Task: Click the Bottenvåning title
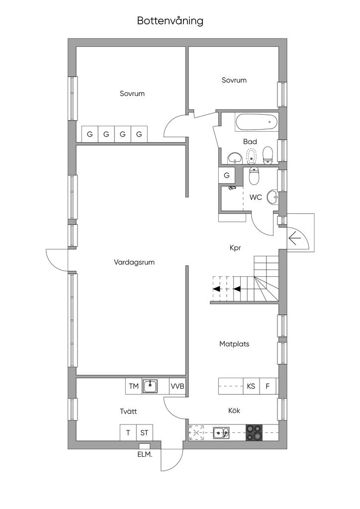click(170, 21)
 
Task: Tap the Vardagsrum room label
click(134, 262)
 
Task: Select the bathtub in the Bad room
click(257, 122)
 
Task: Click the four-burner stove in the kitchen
click(254, 433)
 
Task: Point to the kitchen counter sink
click(221, 433)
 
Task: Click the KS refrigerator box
click(251, 386)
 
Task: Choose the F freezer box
click(268, 386)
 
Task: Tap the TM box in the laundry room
click(134, 386)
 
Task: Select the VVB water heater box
click(177, 386)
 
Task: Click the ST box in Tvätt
click(145, 433)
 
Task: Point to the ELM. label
click(145, 454)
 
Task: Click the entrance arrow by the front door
click(295, 240)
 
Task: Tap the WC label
click(256, 197)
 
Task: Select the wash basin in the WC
click(272, 197)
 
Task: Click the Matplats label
click(234, 344)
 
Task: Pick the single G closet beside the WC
click(227, 175)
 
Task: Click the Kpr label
click(235, 248)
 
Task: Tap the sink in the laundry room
click(150, 386)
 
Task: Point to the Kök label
click(234, 411)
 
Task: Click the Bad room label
click(250, 142)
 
